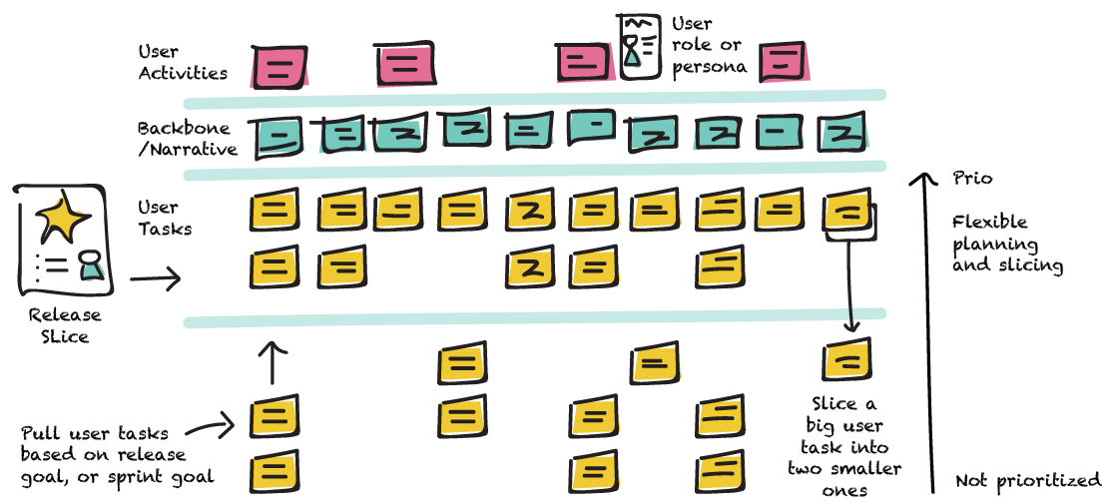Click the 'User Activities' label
[183, 62]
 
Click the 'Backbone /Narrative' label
[187, 139]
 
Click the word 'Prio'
[973, 179]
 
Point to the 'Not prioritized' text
[1027, 480]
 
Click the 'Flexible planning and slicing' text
[1007, 244]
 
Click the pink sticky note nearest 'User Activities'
[280, 67]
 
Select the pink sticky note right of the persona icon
[783, 62]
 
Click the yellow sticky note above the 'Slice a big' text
[847, 360]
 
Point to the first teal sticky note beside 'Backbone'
[280, 137]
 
